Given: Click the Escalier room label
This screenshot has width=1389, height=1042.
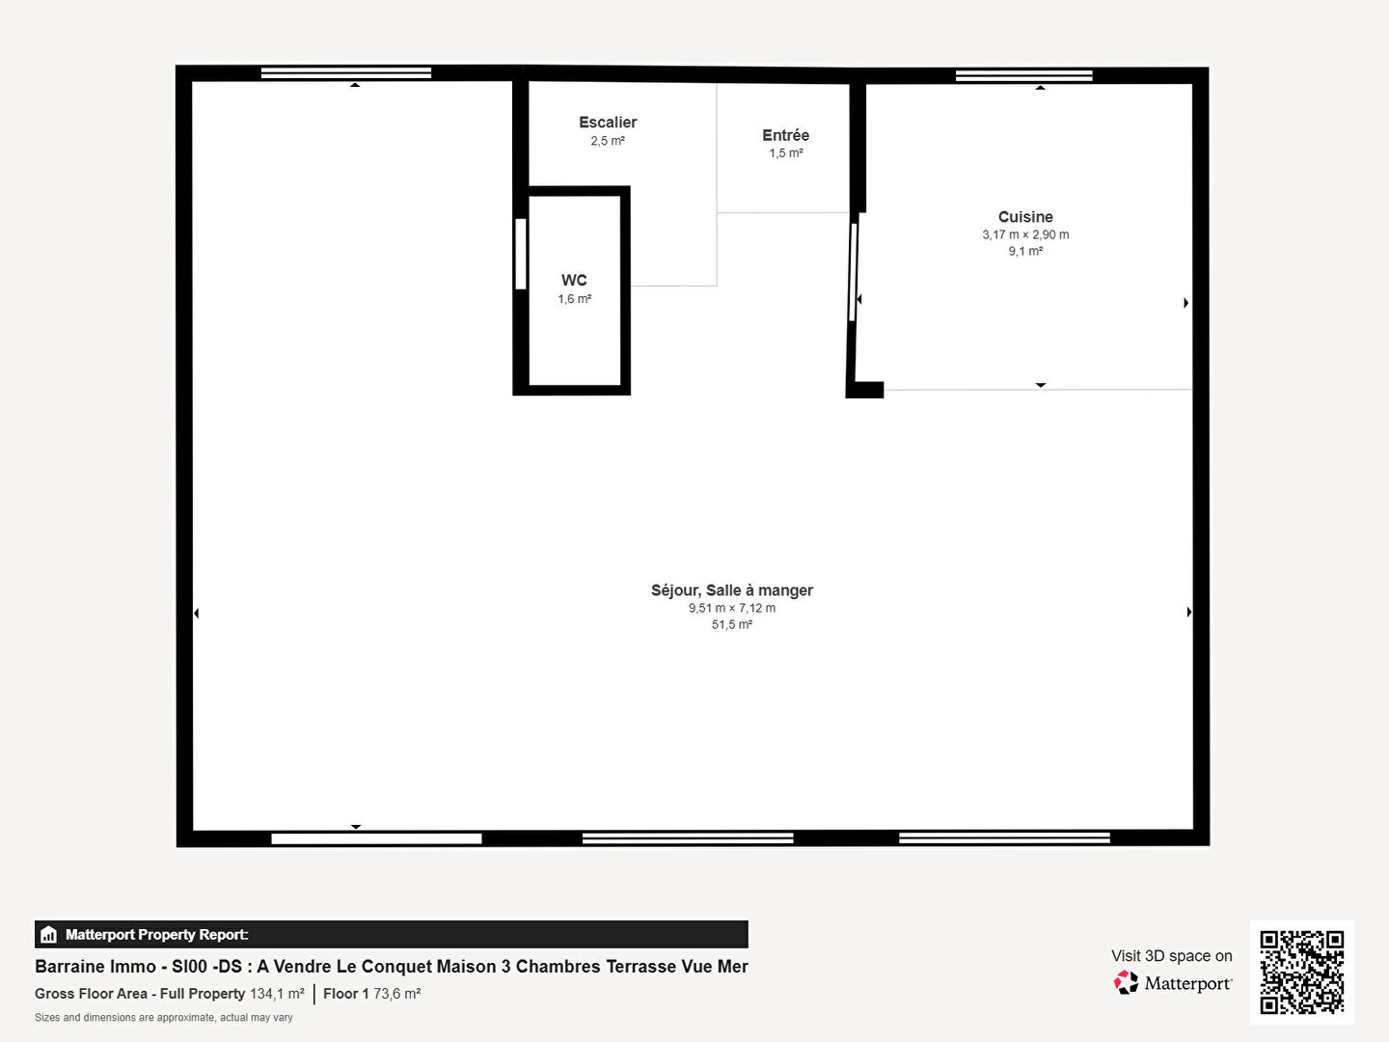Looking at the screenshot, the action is (x=608, y=123).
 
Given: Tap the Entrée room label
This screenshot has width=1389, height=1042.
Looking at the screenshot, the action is (x=785, y=135).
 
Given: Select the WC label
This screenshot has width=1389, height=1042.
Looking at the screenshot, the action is (x=574, y=280).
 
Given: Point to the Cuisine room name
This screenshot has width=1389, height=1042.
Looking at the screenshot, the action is (x=1025, y=216).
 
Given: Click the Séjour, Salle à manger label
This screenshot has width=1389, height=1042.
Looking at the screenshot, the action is (x=731, y=590).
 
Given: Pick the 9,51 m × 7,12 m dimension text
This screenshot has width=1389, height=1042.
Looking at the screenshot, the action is (x=731, y=608).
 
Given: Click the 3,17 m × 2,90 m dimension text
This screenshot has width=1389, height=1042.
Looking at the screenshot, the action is (x=1025, y=234).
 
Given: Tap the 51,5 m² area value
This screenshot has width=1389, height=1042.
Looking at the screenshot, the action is (x=731, y=624).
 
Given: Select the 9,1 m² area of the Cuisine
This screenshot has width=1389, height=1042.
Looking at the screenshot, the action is (x=1025, y=251).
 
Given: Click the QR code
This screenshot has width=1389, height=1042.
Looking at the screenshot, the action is (x=1301, y=972).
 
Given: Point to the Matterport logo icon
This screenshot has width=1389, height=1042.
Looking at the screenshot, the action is (x=1126, y=982).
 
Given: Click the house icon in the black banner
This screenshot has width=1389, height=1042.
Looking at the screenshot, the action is (x=49, y=935).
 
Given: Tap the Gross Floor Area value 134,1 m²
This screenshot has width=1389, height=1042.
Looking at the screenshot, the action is (x=277, y=994).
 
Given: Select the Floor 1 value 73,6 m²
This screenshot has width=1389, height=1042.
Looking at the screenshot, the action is (x=396, y=994).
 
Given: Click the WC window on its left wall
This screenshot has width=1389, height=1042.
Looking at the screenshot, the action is (x=521, y=254).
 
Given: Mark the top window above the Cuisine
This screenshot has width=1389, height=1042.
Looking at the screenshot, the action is (x=1023, y=76).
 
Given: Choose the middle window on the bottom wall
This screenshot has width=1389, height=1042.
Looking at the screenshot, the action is (x=687, y=838).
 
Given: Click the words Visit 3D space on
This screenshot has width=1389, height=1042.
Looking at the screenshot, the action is (x=1171, y=956).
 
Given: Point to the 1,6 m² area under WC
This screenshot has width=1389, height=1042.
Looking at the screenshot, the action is (x=574, y=299).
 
